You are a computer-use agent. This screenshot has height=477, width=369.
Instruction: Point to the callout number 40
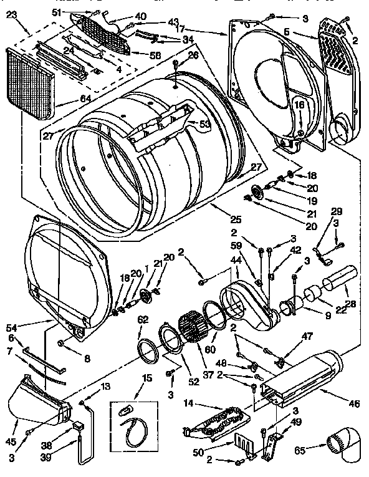(x=141, y=16)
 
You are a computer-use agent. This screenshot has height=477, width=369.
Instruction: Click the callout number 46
(x=353, y=404)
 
